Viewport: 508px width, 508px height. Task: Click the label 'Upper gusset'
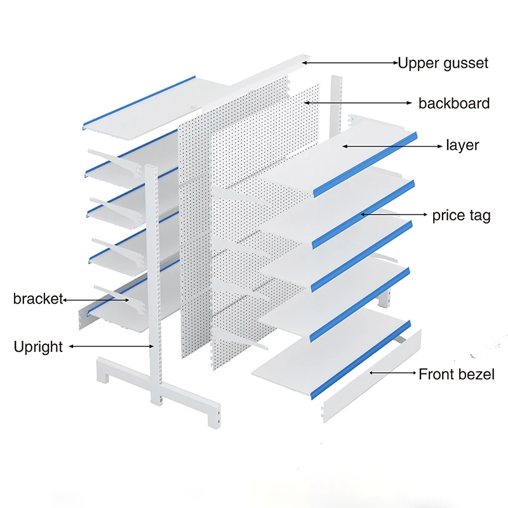(x=443, y=63)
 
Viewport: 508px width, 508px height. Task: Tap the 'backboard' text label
(x=453, y=103)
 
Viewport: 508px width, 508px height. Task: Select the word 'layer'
(x=462, y=145)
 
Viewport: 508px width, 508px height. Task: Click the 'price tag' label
(x=461, y=215)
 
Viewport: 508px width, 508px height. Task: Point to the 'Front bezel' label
(x=456, y=374)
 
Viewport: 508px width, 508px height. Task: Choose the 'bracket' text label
(x=38, y=299)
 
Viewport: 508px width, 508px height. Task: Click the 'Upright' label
(x=38, y=347)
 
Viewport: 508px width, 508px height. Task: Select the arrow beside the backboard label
(x=358, y=102)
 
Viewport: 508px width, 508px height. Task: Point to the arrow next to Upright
(x=111, y=346)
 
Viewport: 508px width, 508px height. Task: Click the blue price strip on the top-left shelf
(x=140, y=100)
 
